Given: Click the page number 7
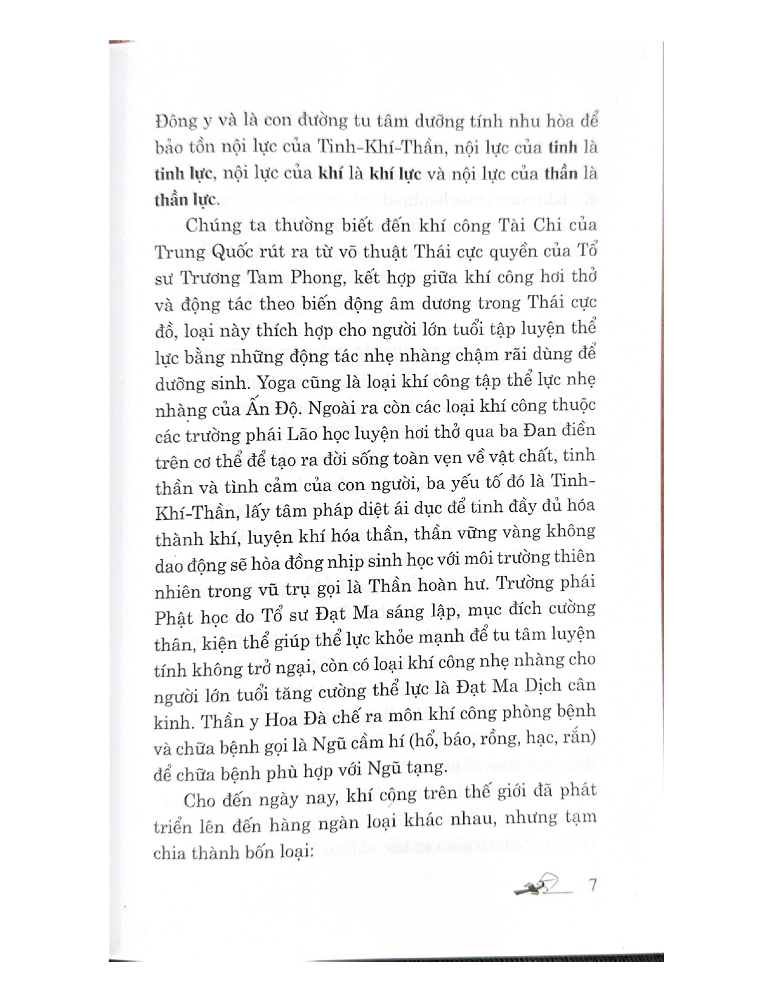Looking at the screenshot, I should tap(593, 884).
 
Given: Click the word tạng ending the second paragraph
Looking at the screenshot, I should tap(427, 768).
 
